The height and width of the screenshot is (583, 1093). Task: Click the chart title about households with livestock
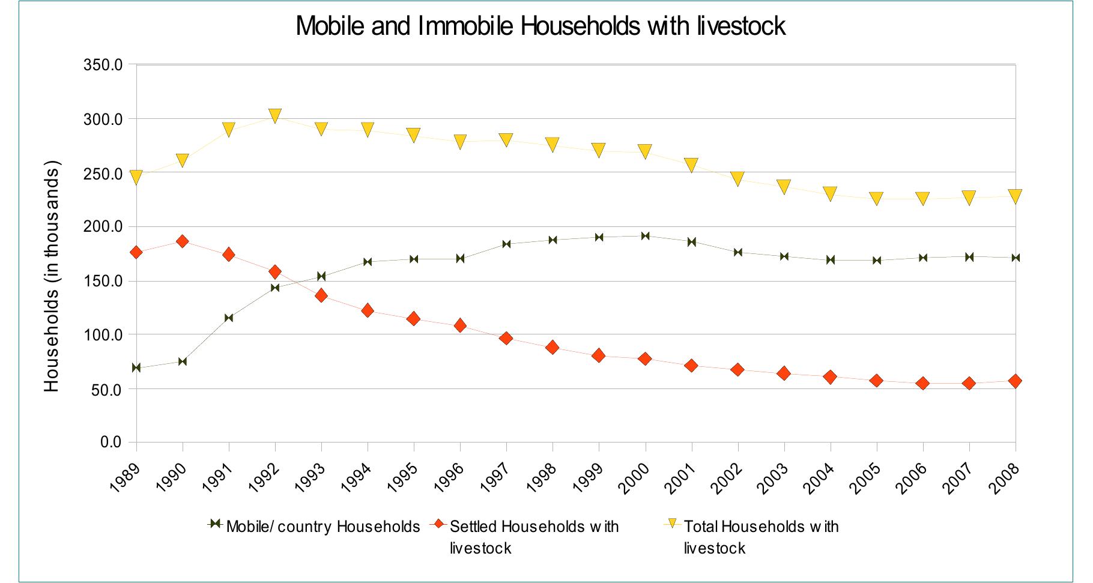pos(540,26)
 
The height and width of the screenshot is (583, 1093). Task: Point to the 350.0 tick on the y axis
pos(103,65)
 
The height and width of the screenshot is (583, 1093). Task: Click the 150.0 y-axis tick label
pos(103,282)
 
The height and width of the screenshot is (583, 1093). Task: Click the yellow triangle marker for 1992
pos(275,116)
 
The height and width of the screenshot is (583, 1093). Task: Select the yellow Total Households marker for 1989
pos(136,178)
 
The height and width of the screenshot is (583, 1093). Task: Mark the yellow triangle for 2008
pos(1015,196)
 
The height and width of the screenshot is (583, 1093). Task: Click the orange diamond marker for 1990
pos(183,241)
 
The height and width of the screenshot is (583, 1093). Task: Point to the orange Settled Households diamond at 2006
pos(922,383)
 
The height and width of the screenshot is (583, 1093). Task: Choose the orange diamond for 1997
pos(506,339)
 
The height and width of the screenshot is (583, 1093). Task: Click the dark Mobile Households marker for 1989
pos(136,367)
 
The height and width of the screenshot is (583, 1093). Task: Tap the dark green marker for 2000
pos(645,236)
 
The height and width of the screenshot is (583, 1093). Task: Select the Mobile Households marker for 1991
pos(229,318)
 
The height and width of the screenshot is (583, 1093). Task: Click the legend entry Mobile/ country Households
pos(322,527)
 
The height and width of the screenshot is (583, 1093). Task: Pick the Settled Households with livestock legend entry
pos(534,537)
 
